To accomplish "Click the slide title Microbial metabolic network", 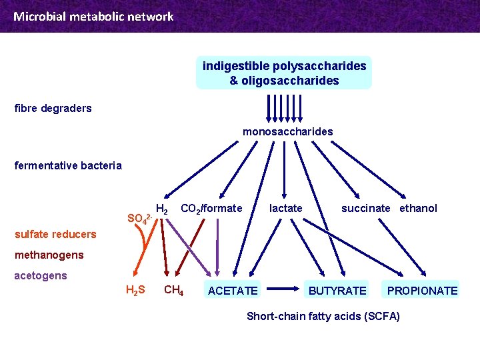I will pyautogui.click(x=93, y=17).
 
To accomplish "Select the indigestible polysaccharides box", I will pyautogui.click(x=284, y=73).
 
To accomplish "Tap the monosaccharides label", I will pyautogui.click(x=287, y=131).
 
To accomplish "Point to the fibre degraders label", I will pyautogui.click(x=53, y=108).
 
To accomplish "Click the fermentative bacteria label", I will pyautogui.click(x=68, y=165).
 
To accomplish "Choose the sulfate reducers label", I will pyautogui.click(x=55, y=234).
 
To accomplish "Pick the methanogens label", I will pyautogui.click(x=49, y=255).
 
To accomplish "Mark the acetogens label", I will pyautogui.click(x=41, y=275).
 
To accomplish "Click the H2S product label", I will pyautogui.click(x=135, y=290).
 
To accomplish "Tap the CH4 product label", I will pyautogui.click(x=173, y=290).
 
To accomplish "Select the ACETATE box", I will pyautogui.click(x=233, y=291).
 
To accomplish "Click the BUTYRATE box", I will pyautogui.click(x=337, y=291).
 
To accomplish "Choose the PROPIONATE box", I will pyautogui.click(x=422, y=291).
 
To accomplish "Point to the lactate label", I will pyautogui.click(x=285, y=208).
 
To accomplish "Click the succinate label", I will pyautogui.click(x=366, y=208).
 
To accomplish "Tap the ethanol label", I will pyautogui.click(x=419, y=208).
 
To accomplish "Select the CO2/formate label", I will pyautogui.click(x=211, y=208).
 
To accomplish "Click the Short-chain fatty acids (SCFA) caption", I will pyautogui.click(x=323, y=316).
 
